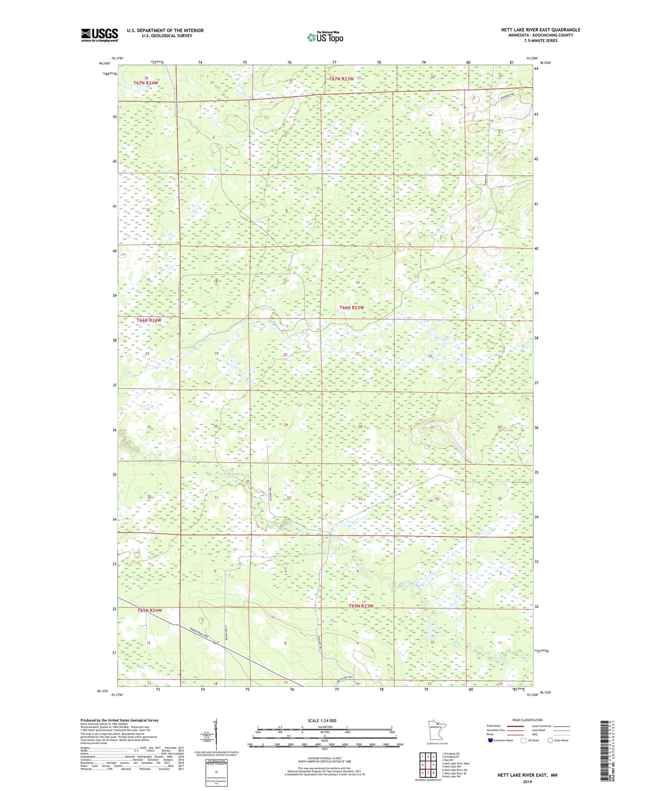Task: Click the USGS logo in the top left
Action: click(x=99, y=35)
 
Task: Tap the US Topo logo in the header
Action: click(x=325, y=37)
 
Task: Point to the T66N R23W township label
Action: click(x=352, y=308)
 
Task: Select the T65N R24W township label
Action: click(x=149, y=610)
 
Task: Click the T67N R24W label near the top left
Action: click(x=146, y=83)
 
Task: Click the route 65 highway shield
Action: click(x=216, y=643)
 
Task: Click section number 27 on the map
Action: click(x=432, y=427)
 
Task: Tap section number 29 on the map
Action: click(x=286, y=425)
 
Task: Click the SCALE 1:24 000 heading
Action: click(x=321, y=721)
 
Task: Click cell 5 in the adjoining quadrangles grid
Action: click(x=433, y=765)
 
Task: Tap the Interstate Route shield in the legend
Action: click(x=490, y=740)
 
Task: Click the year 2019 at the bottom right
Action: click(x=527, y=781)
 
